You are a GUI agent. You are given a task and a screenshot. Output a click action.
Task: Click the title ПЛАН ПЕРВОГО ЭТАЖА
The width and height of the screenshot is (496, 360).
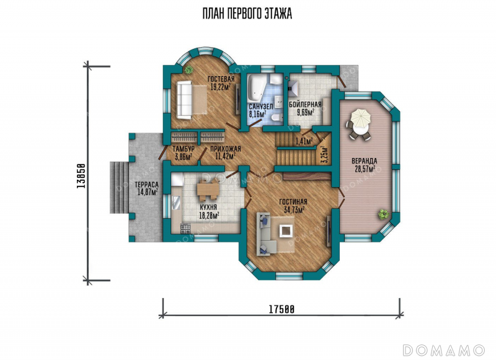coord(247,14)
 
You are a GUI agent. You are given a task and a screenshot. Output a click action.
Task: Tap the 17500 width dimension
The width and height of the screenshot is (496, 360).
coord(281,309)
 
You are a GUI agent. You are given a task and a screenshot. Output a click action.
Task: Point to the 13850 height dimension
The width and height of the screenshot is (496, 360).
coord(81,176)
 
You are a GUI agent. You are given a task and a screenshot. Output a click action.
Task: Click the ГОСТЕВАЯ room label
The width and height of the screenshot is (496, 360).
coord(221,79)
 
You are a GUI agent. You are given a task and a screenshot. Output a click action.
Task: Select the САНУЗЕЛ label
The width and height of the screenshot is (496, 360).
coord(260,107)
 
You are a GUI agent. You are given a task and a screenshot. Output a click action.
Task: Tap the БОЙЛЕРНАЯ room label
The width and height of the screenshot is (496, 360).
coord(305,105)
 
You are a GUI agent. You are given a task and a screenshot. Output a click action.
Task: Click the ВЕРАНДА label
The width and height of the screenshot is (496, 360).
coord(365,161)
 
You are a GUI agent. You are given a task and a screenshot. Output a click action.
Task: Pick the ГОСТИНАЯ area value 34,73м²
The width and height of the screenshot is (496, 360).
coord(294,209)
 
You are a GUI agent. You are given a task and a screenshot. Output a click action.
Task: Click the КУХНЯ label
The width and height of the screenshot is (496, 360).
coord(208,208)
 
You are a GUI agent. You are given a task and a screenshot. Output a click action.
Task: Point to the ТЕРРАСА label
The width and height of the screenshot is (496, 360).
coord(146,185)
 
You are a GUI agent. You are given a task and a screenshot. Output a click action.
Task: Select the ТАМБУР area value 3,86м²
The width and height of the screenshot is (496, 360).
coord(182,156)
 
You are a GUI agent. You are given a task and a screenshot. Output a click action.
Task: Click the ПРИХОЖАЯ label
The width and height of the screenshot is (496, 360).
coord(225,149)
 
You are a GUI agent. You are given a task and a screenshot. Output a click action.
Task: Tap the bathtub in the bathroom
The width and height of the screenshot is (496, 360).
coord(257,86)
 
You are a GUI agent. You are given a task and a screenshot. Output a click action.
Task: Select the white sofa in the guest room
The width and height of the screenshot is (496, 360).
coord(184,100)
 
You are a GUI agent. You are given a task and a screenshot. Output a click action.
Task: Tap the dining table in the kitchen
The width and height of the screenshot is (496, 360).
coord(208,190)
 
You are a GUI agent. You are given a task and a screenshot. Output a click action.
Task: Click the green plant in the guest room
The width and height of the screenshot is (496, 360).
coord(189,69)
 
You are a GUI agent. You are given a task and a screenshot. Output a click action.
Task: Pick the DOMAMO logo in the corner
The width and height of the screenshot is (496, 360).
coord(444,350)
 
